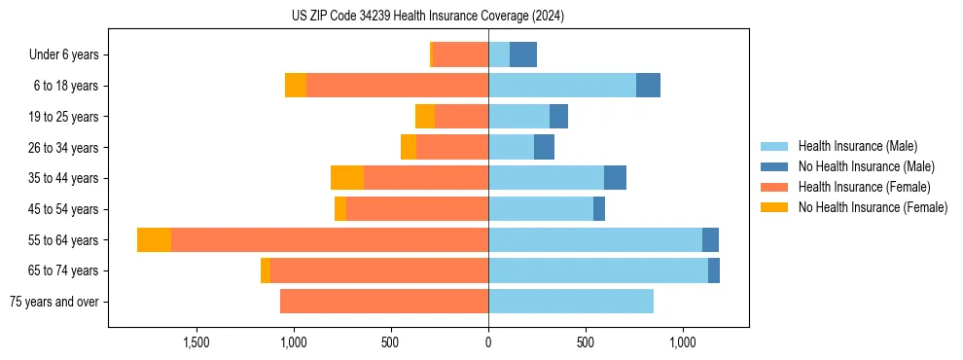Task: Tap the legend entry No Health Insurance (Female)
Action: (872, 207)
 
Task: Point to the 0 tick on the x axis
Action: (488, 342)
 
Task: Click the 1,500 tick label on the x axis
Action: (196, 342)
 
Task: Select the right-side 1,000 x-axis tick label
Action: (682, 342)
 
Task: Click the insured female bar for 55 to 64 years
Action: (330, 239)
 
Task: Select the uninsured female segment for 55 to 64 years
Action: (155, 239)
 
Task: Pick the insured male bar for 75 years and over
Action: (571, 302)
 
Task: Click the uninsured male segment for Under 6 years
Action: (523, 55)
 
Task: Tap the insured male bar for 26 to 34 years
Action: (511, 148)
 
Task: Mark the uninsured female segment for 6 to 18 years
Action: (296, 86)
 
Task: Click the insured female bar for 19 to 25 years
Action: (461, 117)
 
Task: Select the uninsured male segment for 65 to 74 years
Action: (714, 270)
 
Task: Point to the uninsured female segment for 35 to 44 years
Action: (347, 178)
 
